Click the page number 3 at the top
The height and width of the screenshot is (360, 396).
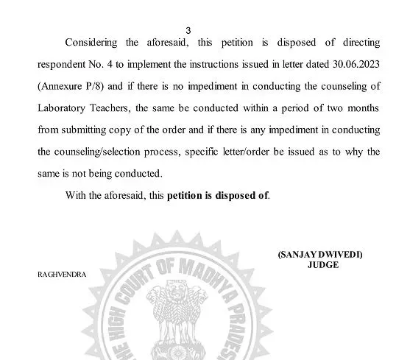click(x=188, y=30)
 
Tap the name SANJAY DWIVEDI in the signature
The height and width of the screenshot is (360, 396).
click(x=321, y=254)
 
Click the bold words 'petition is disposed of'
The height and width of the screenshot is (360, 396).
click(x=218, y=195)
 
